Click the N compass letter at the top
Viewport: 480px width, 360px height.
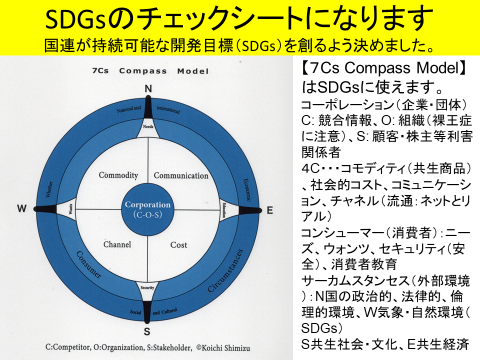[149, 88]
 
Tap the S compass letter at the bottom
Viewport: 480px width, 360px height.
[148, 330]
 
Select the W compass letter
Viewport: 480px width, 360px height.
[21, 208]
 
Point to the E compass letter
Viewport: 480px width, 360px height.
[268, 209]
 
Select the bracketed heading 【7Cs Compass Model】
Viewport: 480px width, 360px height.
[383, 69]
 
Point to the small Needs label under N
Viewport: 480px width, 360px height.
[148, 127]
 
